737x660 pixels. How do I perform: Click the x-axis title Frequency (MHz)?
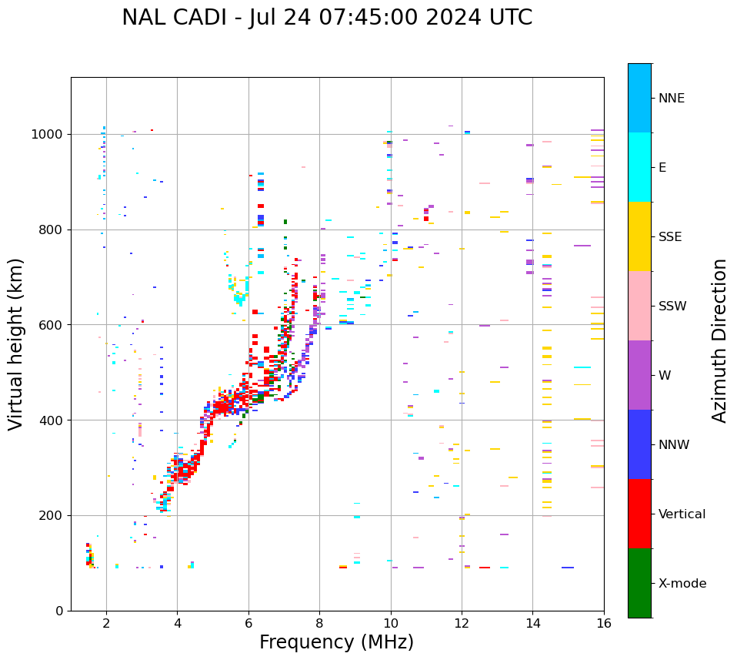click(x=336, y=642)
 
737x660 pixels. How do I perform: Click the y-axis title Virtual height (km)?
click(x=16, y=343)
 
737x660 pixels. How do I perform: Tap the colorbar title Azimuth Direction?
click(x=719, y=340)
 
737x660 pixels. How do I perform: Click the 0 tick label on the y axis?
click(x=59, y=611)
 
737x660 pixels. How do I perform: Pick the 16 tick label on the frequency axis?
click(x=604, y=624)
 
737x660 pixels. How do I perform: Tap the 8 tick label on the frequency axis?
click(x=319, y=624)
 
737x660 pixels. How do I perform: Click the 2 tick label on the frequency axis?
click(x=106, y=624)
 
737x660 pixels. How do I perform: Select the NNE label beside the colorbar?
click(x=672, y=99)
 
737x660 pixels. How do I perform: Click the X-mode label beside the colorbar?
click(x=682, y=584)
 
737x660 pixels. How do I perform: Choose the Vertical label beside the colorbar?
click(x=682, y=514)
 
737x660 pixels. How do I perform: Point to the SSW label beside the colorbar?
click(x=672, y=307)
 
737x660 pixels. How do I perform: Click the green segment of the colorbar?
click(x=639, y=583)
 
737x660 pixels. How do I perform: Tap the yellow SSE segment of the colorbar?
click(x=639, y=236)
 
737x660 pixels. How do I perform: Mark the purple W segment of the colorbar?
click(x=639, y=375)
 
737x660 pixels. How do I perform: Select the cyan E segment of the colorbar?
click(x=639, y=167)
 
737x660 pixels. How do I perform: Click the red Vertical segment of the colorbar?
click(x=639, y=514)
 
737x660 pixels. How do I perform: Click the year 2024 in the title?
click(x=479, y=18)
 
